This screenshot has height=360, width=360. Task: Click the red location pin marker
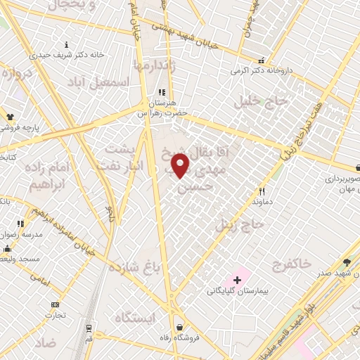(181, 166)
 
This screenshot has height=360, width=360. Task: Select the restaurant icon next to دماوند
(262, 191)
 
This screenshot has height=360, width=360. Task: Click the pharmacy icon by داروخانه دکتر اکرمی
(262, 61)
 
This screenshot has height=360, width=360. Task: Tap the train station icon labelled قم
(89, 328)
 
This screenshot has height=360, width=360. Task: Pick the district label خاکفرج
(290, 264)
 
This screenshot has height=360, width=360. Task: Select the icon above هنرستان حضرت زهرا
(161, 91)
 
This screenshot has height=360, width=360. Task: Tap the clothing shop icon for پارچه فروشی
(10, 117)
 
